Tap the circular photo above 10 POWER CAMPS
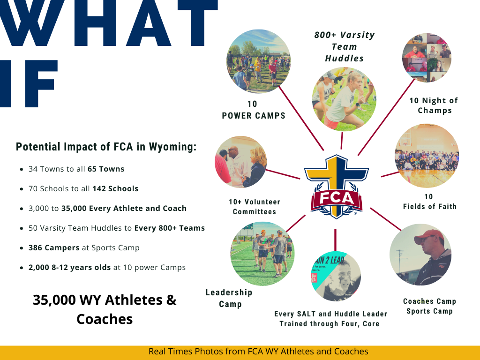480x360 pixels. click(258, 61)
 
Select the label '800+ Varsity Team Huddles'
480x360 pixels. click(345, 47)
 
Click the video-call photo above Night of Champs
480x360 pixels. click(427, 58)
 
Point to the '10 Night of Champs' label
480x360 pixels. click(434, 105)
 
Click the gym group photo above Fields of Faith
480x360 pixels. click(427, 156)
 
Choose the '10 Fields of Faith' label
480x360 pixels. click(429, 202)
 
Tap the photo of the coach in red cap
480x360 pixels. click(420, 255)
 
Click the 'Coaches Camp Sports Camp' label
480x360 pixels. click(429, 306)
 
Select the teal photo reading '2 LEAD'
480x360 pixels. click(335, 277)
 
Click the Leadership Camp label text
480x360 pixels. click(229, 298)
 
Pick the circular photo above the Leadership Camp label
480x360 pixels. click(262, 254)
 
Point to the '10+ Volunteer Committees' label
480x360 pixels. click(255, 207)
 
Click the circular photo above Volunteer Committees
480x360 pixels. click(240, 162)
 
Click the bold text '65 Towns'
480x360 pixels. click(106, 169)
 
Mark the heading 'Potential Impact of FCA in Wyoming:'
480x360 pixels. click(106, 147)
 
